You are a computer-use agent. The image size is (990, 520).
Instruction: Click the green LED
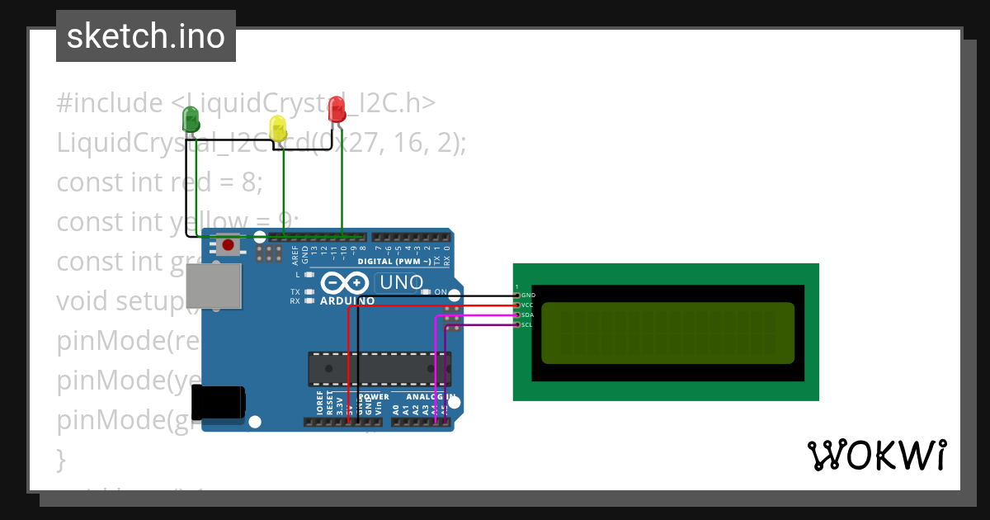191,119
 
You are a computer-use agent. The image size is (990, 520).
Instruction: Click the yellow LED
278,128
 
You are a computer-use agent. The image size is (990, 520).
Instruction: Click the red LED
337,109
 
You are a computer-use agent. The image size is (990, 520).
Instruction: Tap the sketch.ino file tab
146,36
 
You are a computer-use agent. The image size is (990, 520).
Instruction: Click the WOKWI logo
876,455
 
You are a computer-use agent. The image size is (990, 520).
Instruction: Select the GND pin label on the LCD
528,295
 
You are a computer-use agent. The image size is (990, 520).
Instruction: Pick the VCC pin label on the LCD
528,305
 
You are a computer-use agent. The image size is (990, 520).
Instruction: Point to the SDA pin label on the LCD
528,314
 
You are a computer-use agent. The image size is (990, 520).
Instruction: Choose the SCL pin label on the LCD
528,324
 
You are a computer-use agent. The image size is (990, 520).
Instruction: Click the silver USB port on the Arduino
213,286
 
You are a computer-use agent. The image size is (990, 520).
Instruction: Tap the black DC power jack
218,403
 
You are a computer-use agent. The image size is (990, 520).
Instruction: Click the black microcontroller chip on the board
379,369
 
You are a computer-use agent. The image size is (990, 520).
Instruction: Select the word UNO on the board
400,283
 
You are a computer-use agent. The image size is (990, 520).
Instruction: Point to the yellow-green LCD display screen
667,333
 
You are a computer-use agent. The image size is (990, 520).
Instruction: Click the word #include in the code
110,103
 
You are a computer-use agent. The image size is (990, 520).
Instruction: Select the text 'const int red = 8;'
159,182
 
